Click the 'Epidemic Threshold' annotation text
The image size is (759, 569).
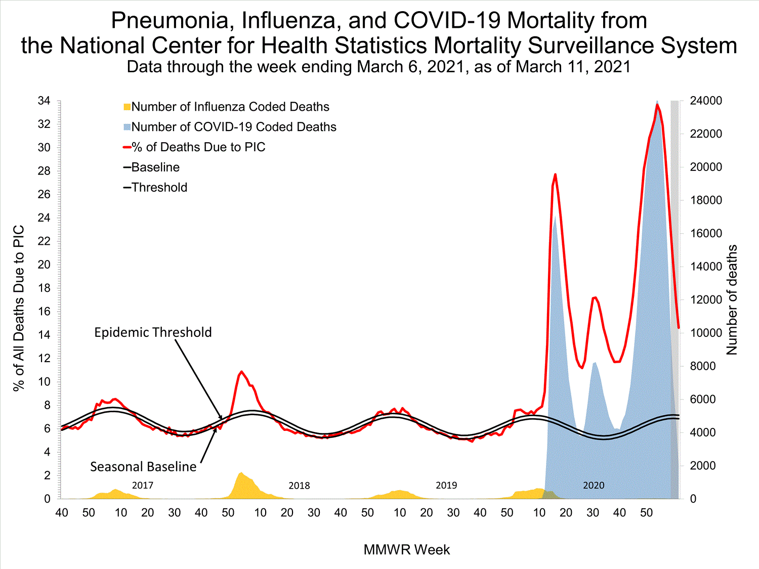point(153,332)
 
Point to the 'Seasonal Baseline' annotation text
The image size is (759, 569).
point(143,466)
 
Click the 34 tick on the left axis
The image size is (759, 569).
point(44,101)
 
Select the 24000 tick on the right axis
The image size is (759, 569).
point(706,101)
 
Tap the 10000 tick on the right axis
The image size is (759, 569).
point(706,333)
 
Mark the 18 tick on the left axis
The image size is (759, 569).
point(44,288)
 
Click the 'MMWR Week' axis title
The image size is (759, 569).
point(406,550)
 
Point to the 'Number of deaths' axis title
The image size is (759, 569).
point(732,299)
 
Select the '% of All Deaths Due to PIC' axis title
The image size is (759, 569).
point(19,309)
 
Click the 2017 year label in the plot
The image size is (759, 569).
point(142,486)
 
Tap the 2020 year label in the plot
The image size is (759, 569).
point(594,486)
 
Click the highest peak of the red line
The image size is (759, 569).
point(657,105)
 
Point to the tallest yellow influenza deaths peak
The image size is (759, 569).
point(241,473)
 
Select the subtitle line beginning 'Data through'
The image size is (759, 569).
point(378,67)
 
